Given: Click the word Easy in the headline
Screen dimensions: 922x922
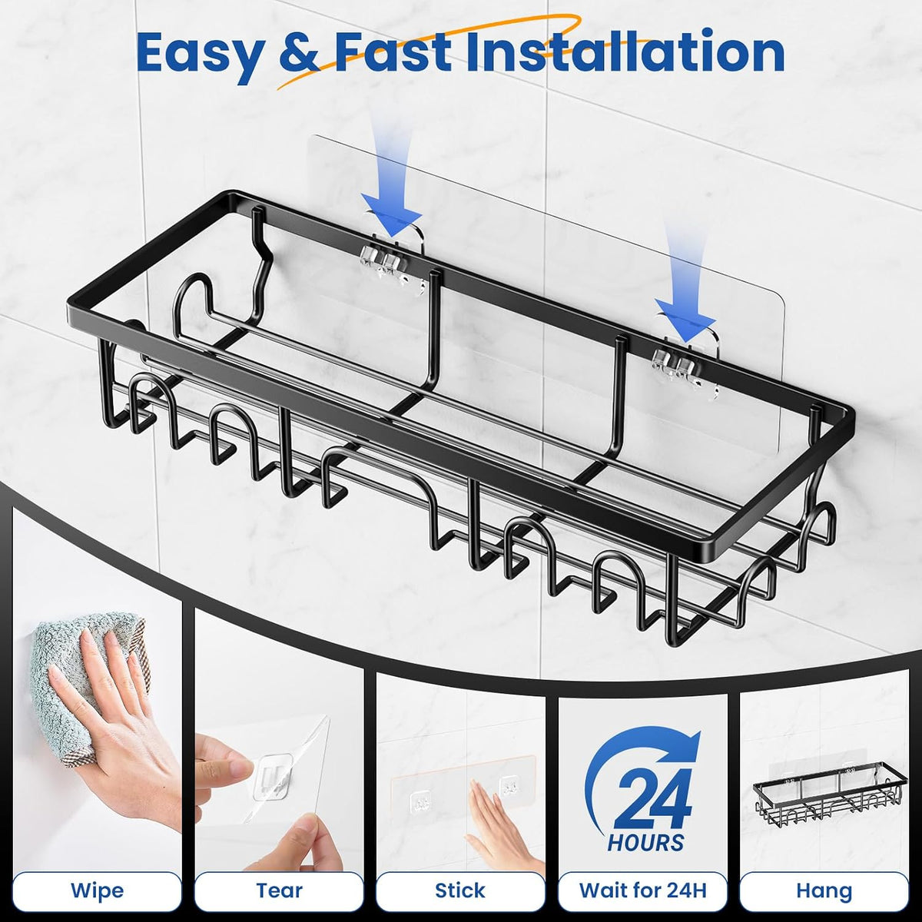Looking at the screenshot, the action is point(201,54).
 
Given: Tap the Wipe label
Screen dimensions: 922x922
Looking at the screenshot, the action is point(97,890).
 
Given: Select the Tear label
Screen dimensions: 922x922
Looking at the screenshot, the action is point(279,890).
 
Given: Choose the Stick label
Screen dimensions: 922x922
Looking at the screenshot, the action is point(459,890).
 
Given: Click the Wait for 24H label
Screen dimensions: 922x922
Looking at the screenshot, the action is point(642,890).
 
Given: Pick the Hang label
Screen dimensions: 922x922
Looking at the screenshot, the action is point(824,890).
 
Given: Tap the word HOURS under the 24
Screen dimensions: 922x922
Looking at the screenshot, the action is point(645,842).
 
